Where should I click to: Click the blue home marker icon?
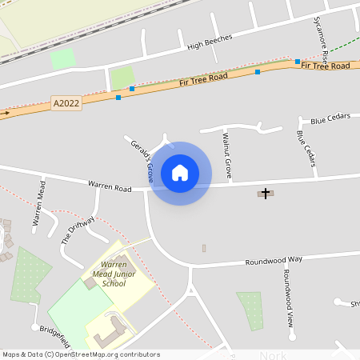click(180, 173)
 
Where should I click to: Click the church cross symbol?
click(265, 193)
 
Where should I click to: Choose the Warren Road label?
click(110, 186)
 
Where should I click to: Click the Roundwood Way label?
click(274, 260)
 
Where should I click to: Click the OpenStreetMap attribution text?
click(82, 354)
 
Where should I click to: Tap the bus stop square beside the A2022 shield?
click(118, 98)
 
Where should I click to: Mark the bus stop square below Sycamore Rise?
click(297, 62)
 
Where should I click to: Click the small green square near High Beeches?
click(62, 58)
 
